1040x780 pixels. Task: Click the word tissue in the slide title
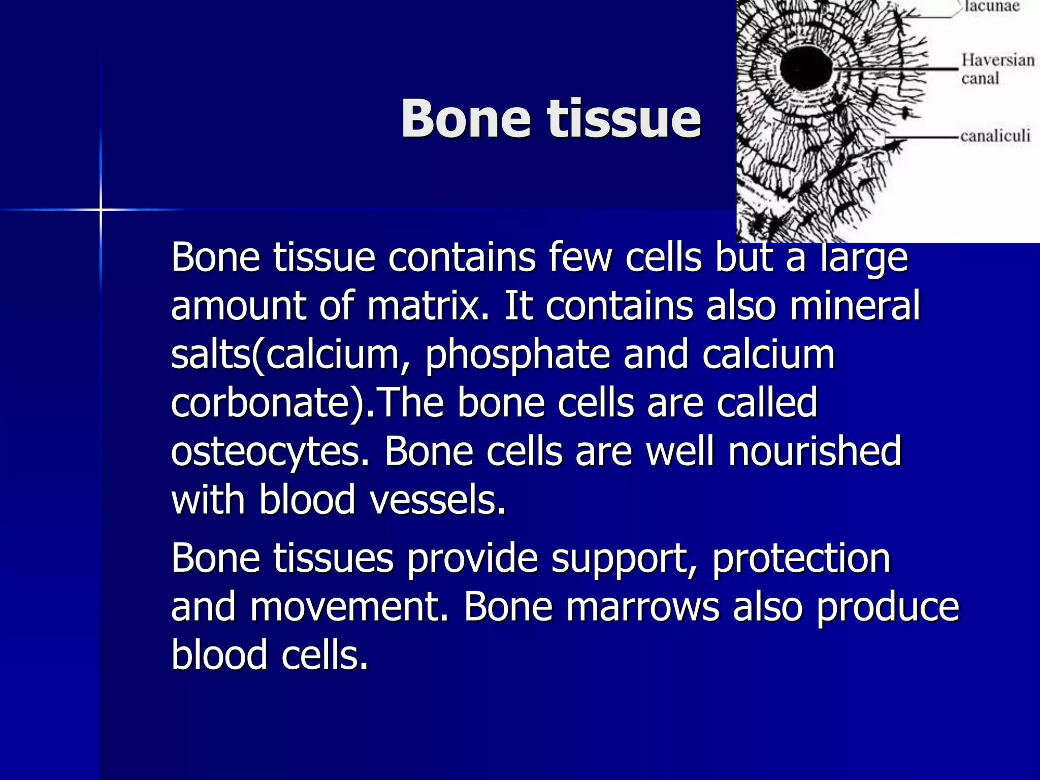click(624, 118)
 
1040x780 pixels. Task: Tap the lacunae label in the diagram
click(992, 7)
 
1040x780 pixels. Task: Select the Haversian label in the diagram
click(997, 60)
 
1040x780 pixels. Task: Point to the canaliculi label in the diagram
click(995, 136)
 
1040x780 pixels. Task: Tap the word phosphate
click(517, 354)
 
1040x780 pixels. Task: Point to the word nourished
click(815, 451)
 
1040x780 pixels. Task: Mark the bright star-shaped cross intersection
click(101, 209)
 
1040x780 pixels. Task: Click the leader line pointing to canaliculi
click(922, 137)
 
